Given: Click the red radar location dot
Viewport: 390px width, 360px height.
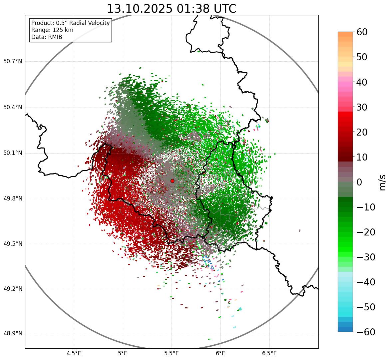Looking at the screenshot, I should tap(172, 181).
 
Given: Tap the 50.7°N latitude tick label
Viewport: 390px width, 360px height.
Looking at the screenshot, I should tap(12, 62).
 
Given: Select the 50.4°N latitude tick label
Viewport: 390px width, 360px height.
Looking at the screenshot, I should tap(12, 107).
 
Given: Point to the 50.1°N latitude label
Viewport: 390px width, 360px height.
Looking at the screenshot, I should tap(12, 153).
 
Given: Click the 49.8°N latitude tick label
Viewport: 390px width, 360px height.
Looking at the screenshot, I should tap(12, 199).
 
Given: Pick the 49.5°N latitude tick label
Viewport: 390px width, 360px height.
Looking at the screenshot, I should tap(12, 244).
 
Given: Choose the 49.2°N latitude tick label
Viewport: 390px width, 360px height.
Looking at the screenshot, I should tap(12, 289).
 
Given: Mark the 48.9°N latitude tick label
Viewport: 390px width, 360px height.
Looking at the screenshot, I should tap(12, 334).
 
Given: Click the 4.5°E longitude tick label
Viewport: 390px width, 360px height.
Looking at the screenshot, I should tap(74, 353).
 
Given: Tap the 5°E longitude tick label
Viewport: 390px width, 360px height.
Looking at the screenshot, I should tap(123, 353).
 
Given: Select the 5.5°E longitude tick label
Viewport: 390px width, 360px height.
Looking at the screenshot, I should tap(172, 353).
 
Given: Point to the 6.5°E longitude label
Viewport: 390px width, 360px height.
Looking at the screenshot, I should tap(269, 353).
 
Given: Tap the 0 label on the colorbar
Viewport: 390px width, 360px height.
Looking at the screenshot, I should tap(359, 182).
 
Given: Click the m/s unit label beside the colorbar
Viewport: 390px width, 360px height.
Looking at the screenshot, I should tap(382, 182).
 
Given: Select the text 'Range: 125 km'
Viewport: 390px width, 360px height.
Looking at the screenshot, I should tap(52, 30).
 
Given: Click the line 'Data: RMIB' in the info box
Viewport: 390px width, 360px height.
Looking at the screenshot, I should tap(47, 37).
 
